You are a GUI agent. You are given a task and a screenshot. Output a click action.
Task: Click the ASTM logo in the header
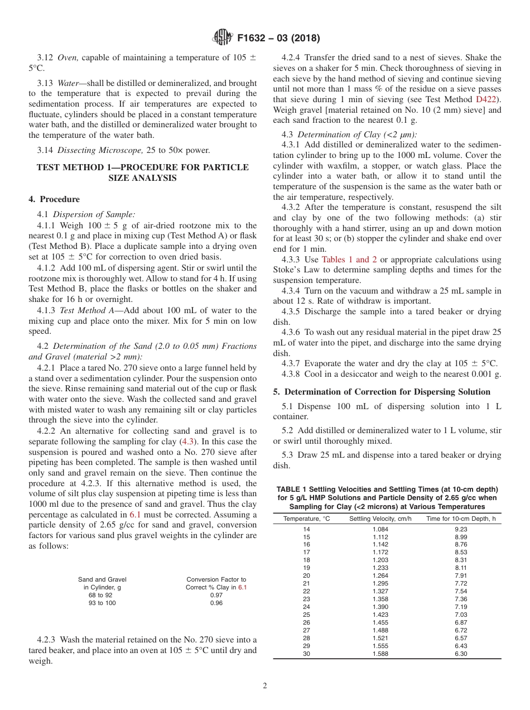click(223, 38)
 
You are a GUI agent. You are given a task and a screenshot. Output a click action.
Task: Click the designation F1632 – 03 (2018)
click(278, 39)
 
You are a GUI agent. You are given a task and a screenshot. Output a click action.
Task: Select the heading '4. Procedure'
click(54, 199)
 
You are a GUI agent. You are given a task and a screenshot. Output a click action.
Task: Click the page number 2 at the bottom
click(265, 686)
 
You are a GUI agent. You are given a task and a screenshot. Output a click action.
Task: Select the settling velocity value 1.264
click(380, 575)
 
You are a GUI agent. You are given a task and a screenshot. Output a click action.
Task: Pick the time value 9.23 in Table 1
click(460, 529)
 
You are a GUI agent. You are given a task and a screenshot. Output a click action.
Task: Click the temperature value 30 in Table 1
click(306, 654)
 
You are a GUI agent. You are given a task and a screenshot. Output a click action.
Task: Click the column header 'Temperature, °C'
click(306, 519)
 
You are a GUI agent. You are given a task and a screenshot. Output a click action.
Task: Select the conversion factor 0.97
click(216, 595)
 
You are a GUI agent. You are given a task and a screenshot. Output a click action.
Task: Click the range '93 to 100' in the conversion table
click(102, 603)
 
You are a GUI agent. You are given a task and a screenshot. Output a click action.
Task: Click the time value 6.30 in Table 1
click(460, 654)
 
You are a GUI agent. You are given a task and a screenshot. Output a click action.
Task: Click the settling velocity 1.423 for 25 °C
click(380, 615)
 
